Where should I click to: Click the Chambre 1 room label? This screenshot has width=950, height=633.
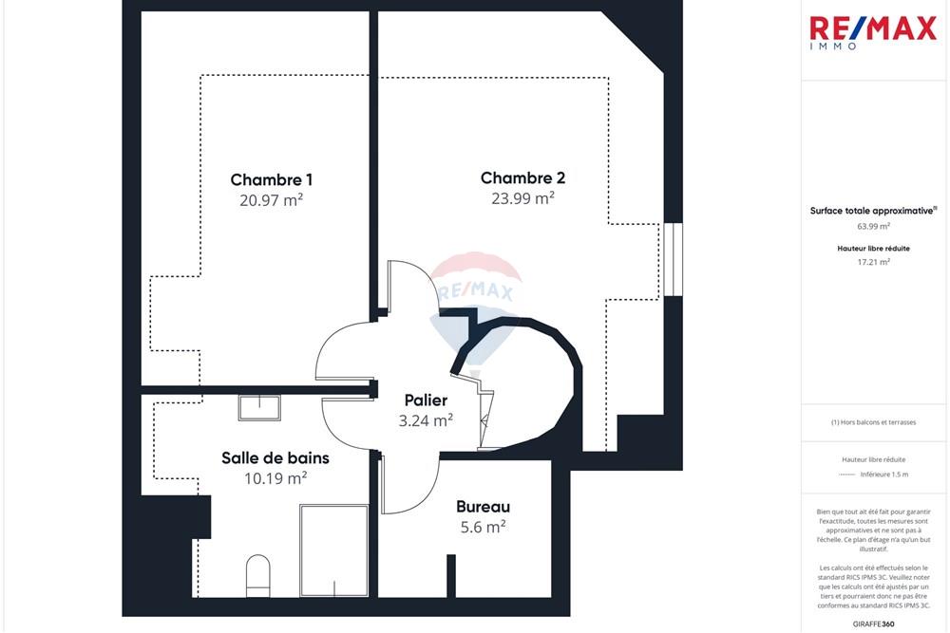pos(272,179)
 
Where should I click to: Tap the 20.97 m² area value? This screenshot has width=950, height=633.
pos(272,200)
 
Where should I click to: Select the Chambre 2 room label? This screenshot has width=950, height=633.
pos(522,177)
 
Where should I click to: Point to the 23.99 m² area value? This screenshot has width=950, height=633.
pos(522,198)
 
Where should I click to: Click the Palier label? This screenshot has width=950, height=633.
pos(426,400)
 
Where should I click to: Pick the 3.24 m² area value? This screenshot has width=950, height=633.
pos(426,421)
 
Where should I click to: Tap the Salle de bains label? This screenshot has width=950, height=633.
pos(275,457)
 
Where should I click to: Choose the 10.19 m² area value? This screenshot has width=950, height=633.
pos(275,478)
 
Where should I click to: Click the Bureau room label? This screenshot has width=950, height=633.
pos(483,507)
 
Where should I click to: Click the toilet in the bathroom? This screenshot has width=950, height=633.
pos(258,575)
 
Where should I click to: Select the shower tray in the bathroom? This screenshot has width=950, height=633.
pos(333,550)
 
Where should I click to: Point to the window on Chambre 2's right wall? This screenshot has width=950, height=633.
pos(674,259)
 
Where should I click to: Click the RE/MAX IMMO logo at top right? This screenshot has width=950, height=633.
pos(872,32)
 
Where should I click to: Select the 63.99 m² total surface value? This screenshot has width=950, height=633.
pos(873,227)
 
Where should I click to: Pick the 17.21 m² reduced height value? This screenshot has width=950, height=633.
pos(873,262)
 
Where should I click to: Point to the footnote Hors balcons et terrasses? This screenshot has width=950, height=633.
pos(873,422)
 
